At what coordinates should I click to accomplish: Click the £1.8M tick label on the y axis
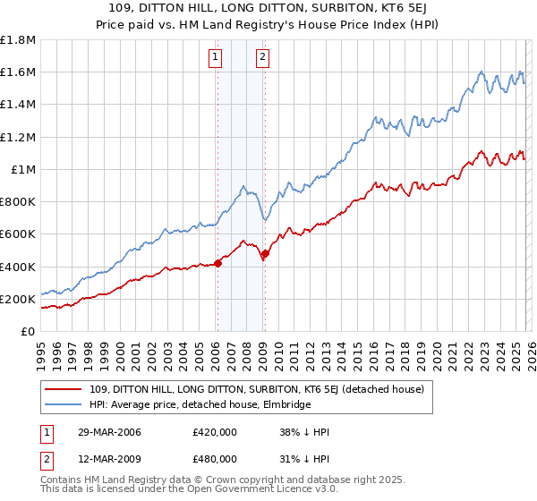coord(18,40)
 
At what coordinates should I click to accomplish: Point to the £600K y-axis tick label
coord(18,234)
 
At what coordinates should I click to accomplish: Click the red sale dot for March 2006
coord(217,263)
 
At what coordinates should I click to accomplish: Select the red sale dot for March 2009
coord(265,254)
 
